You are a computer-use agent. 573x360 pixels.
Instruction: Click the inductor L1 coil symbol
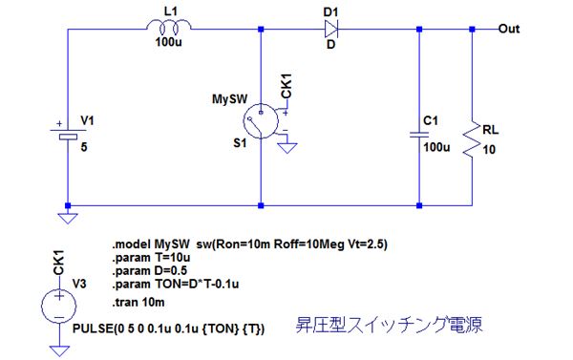[168, 26]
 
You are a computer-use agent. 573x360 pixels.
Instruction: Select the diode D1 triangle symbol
[331, 28]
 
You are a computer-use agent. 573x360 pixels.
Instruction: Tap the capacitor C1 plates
[419, 135]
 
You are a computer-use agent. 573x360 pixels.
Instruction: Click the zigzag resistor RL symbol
[472, 140]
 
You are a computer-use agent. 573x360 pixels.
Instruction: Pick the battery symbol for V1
[68, 134]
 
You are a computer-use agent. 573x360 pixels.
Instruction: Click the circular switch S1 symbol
[261, 121]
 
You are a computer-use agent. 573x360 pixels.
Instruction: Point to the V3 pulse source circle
[59, 306]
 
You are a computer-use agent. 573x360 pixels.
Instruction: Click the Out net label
[509, 29]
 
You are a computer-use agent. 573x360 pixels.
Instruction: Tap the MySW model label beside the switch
[229, 99]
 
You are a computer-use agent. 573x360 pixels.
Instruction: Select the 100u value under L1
[168, 42]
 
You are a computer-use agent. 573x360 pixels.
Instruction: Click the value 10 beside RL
[489, 150]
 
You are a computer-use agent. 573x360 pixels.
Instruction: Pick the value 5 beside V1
[84, 147]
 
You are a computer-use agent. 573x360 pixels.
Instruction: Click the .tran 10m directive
[138, 303]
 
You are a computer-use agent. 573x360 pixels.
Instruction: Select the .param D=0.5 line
[150, 271]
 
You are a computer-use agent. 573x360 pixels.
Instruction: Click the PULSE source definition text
[168, 328]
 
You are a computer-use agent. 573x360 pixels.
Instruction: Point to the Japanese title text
[389, 325]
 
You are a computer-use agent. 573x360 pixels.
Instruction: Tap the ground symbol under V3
[59, 350]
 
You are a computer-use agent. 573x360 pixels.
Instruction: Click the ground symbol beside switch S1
[287, 148]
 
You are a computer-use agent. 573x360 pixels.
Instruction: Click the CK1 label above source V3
[59, 263]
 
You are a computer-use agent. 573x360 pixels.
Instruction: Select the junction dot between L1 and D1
[261, 29]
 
